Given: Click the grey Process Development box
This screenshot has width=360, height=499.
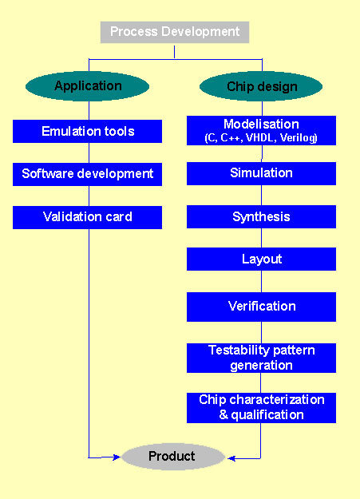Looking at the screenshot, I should coord(175,32).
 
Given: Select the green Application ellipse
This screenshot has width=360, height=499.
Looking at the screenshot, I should coord(88,86).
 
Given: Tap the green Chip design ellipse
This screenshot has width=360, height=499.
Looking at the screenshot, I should coord(261,86).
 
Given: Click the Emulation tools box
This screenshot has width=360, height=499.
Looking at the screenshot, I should coord(88,131).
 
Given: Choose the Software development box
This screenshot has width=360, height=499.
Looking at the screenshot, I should coord(88,174).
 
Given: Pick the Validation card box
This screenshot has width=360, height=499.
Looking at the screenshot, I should coord(88,217).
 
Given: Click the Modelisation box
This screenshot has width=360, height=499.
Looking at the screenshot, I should coord(261,131).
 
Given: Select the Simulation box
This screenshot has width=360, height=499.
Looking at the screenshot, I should coord(261,173).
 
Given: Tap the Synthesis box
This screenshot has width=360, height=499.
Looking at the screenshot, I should coord(261,217).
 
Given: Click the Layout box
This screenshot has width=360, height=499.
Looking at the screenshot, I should coord(261,259).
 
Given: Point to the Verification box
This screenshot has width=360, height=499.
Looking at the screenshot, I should coord(261,307).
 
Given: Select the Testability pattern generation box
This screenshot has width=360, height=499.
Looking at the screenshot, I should coord(261,358).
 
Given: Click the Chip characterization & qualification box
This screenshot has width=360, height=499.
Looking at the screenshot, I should coord(261,407).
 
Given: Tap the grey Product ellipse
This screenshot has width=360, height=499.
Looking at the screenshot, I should coord(172,457).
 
